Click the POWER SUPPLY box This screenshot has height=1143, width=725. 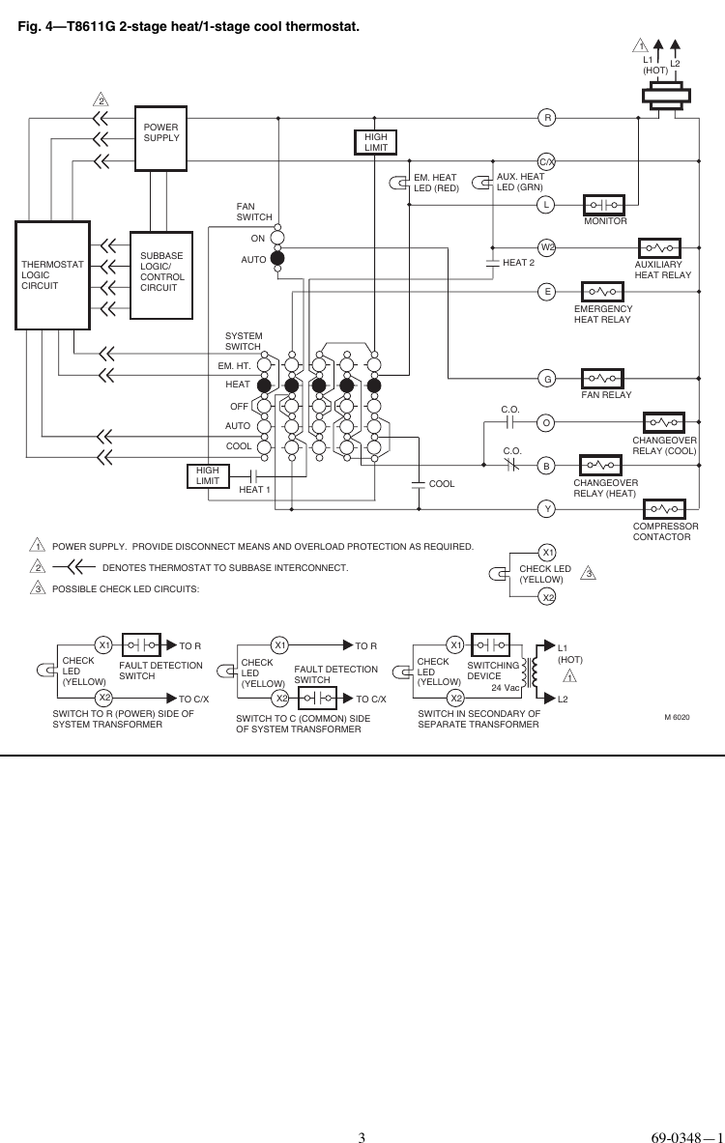click(x=160, y=138)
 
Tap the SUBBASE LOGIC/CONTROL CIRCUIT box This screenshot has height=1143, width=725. click(x=160, y=274)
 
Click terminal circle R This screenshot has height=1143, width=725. click(x=547, y=119)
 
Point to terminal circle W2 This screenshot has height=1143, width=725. click(x=547, y=247)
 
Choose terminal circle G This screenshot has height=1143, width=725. click(x=547, y=379)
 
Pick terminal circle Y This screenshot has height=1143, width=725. click(x=547, y=507)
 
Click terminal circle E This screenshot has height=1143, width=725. click(x=547, y=291)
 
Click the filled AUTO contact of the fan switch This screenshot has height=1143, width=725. click(x=277, y=259)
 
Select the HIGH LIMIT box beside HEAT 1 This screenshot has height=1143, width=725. click(x=208, y=475)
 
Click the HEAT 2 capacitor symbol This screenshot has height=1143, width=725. click(x=492, y=263)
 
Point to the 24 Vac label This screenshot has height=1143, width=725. click(x=505, y=688)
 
